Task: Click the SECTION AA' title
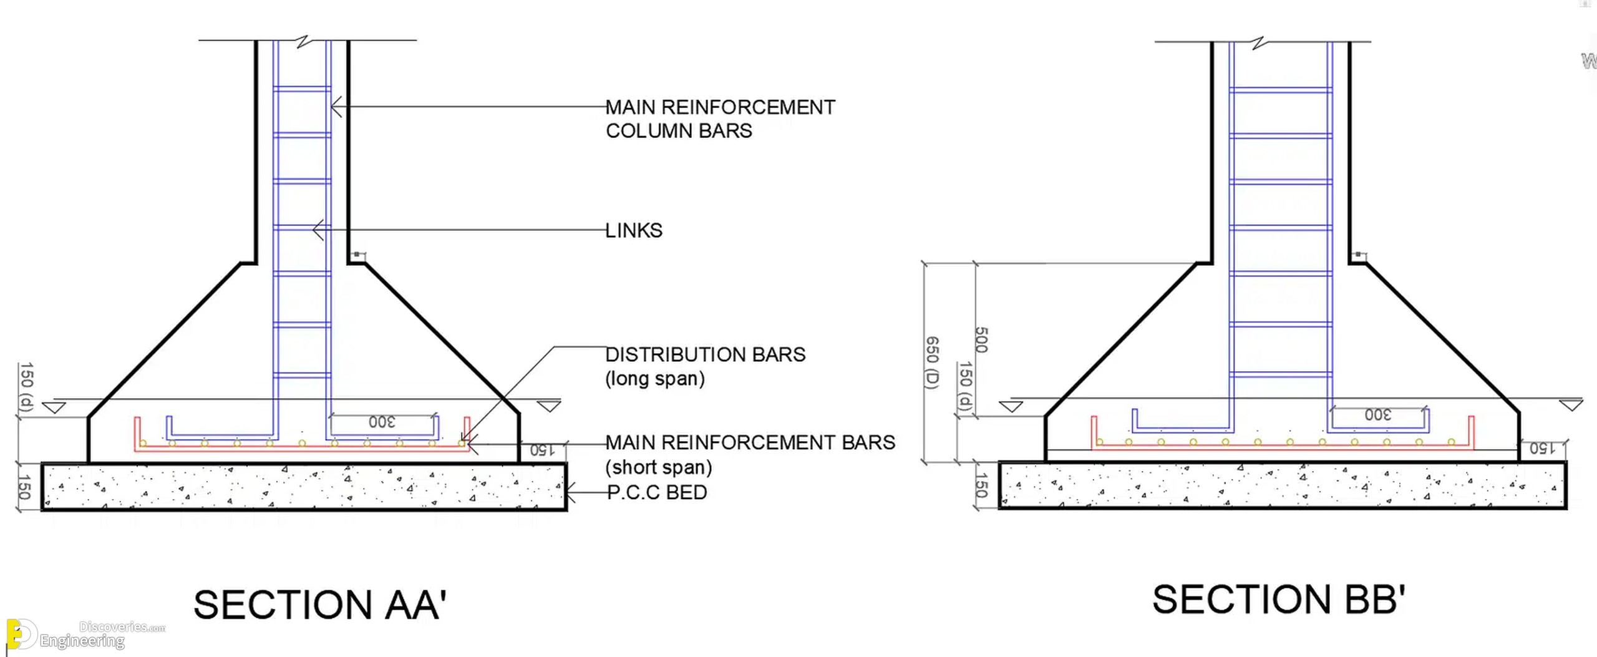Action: point(320,605)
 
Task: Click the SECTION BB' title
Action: point(1278,600)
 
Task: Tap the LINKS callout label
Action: point(634,230)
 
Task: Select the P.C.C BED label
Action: point(657,492)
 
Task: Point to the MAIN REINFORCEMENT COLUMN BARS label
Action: point(721,119)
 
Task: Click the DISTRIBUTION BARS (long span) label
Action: point(706,366)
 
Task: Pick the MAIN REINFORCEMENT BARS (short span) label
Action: point(750,455)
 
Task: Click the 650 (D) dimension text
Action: point(931,363)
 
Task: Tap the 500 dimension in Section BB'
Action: point(981,339)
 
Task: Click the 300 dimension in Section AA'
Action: point(382,422)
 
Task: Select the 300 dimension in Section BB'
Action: point(1377,415)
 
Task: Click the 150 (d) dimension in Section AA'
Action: point(26,387)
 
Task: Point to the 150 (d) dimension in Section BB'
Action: point(965,386)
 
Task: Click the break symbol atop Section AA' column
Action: point(303,41)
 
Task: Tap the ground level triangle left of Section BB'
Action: point(1011,407)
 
